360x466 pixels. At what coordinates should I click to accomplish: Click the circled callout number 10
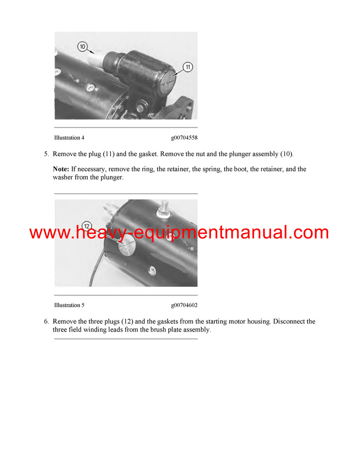coord(82,46)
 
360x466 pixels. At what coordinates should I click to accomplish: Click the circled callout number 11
coord(187,67)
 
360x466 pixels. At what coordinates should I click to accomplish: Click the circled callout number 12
coord(87,226)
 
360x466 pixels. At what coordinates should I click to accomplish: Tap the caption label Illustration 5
coord(69,305)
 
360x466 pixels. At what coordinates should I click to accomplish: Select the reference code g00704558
coord(184,138)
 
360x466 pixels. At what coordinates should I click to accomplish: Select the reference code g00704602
coord(184,305)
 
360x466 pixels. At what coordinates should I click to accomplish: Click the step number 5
coord(46,154)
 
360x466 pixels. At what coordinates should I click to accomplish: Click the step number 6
coord(46,321)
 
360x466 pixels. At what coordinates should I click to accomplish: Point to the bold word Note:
coord(61,169)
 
